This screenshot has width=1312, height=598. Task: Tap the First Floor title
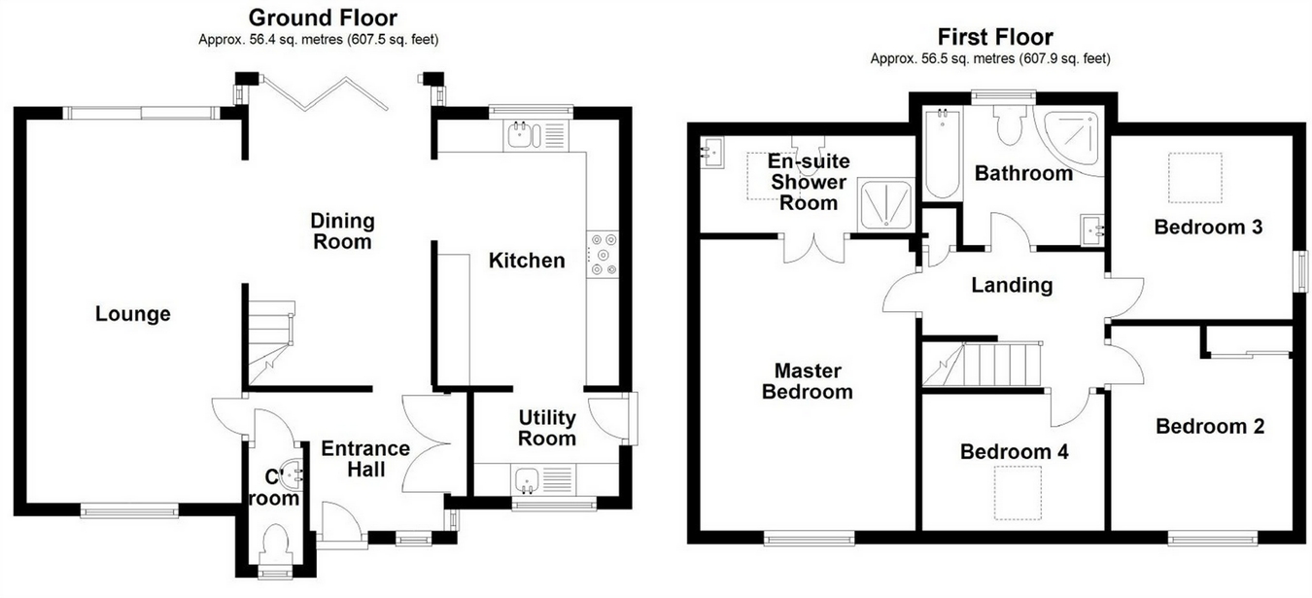(994, 37)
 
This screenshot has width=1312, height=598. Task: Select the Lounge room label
(133, 314)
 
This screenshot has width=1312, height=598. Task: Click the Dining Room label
(342, 231)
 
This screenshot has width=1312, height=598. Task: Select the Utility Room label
(547, 428)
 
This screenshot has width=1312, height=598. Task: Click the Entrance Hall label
(365, 459)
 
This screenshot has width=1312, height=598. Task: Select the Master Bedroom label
(807, 381)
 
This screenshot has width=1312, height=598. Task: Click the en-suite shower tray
(884, 205)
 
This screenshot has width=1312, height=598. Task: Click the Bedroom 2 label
(1201, 426)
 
